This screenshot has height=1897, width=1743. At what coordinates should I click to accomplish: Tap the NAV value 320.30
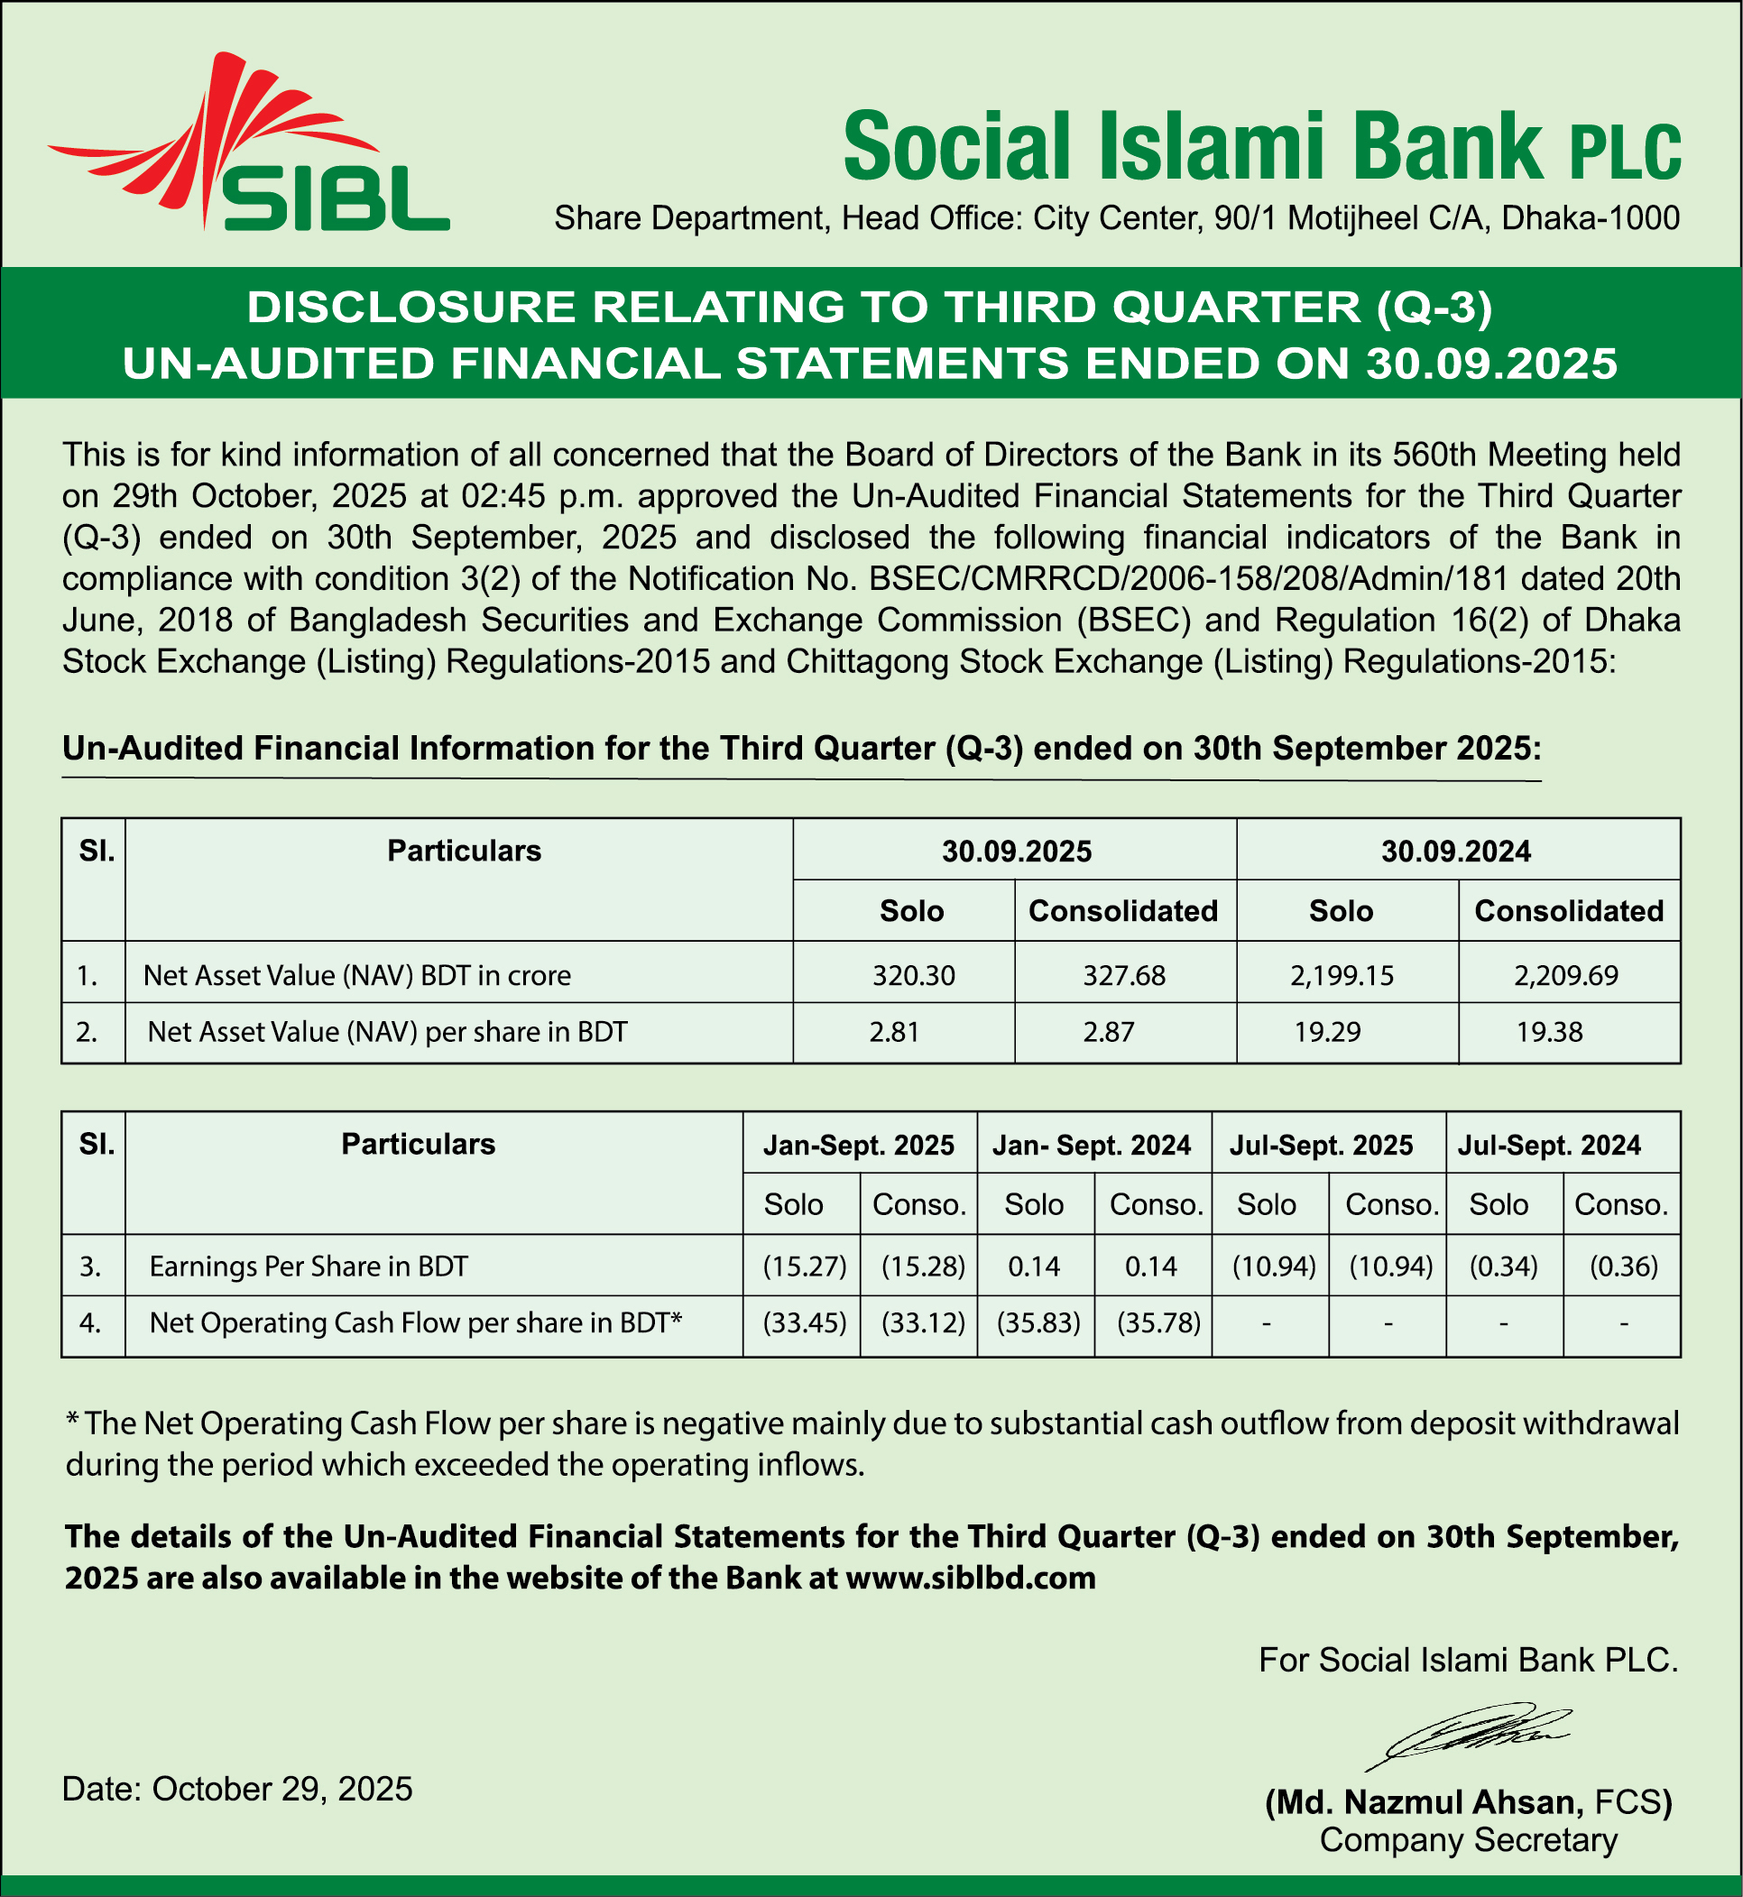pyautogui.click(x=913, y=975)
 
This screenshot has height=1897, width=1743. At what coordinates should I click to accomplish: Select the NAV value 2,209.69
pyautogui.click(x=1565, y=975)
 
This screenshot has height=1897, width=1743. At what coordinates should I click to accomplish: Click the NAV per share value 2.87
pyautogui.click(x=1108, y=1031)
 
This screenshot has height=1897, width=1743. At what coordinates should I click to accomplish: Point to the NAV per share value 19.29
pyautogui.click(x=1327, y=1031)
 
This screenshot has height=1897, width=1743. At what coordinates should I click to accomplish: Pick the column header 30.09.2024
pyautogui.click(x=1455, y=852)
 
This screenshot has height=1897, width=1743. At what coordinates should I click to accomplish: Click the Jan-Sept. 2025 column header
pyautogui.click(x=858, y=1146)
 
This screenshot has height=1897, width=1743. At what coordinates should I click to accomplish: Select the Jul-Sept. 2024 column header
pyautogui.click(x=1549, y=1146)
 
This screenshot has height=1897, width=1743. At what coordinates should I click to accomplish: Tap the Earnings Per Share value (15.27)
pyautogui.click(x=805, y=1266)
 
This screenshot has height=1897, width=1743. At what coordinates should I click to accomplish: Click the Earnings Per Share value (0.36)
pyautogui.click(x=1623, y=1266)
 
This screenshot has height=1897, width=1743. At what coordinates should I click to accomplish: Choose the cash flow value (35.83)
pyautogui.click(x=1038, y=1322)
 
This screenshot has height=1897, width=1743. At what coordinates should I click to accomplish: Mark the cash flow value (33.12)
pyautogui.click(x=922, y=1322)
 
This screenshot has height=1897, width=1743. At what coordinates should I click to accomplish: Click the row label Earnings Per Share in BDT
pyautogui.click(x=309, y=1266)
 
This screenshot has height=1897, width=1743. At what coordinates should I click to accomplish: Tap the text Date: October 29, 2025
pyautogui.click(x=236, y=1789)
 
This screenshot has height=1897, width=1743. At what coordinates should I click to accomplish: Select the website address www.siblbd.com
pyautogui.click(x=971, y=1579)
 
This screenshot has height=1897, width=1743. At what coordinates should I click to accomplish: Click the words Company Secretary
pyautogui.click(x=1468, y=1839)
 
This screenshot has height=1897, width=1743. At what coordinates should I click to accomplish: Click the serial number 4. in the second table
pyautogui.click(x=90, y=1322)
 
